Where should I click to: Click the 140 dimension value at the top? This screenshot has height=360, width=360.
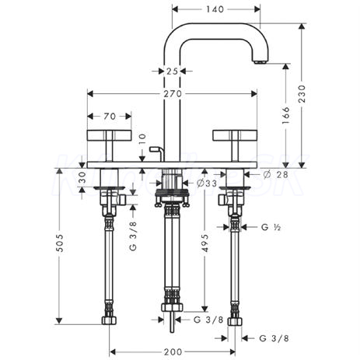click(215, 9)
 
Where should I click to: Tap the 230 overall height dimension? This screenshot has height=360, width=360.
click(302, 94)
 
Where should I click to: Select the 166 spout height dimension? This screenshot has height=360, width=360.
click(285, 115)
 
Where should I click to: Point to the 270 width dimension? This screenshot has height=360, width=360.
click(173, 93)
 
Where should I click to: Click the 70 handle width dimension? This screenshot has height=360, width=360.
click(110, 117)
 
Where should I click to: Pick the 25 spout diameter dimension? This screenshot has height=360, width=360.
click(173, 71)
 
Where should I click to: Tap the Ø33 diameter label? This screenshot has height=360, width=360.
click(207, 183)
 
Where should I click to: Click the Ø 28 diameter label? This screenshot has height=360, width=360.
click(276, 175)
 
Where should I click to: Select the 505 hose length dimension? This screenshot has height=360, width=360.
click(60, 243)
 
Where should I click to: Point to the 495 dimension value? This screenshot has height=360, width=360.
click(204, 243)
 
